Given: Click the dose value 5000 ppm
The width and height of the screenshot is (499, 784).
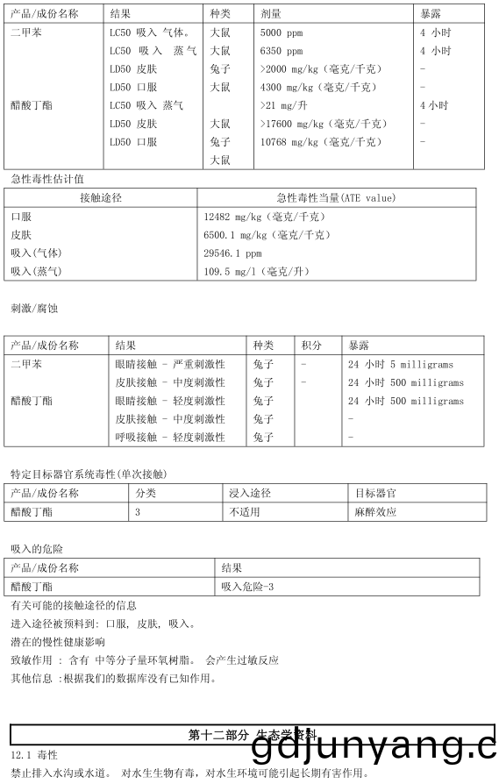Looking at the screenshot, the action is click(282, 32).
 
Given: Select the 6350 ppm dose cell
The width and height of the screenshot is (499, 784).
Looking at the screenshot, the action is click(282, 51).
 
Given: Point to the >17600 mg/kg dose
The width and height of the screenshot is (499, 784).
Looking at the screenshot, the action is click(324, 124).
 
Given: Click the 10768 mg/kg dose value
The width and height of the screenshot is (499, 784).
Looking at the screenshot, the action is click(322, 142).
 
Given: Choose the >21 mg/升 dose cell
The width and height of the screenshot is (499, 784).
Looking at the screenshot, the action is click(282, 105).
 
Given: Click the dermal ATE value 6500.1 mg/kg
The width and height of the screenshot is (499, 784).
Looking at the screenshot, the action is click(267, 235).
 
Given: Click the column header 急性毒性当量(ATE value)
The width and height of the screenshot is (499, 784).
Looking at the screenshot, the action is click(336, 198).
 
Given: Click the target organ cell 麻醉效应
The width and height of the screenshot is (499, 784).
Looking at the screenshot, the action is click(375, 511).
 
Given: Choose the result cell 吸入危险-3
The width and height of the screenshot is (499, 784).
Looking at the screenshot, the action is click(248, 586).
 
